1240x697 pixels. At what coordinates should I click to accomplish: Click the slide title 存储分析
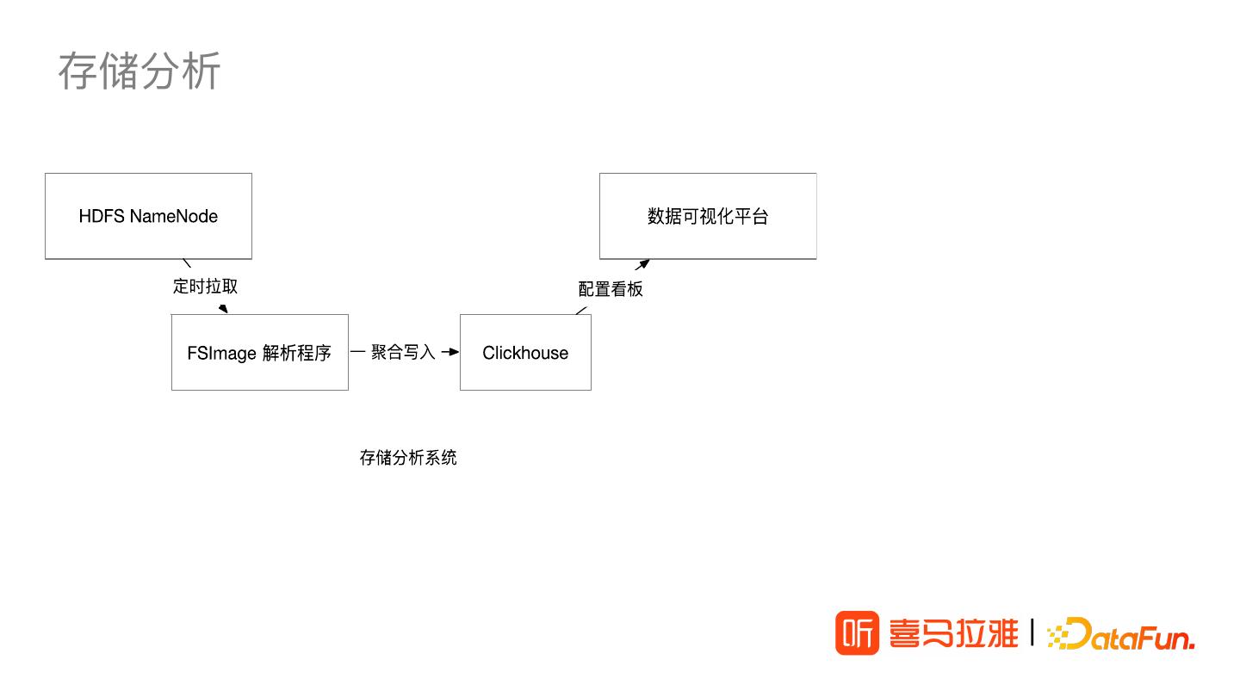pos(139,71)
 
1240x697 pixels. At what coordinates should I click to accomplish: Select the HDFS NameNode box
pos(148,216)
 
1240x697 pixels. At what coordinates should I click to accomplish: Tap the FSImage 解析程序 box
pos(259,353)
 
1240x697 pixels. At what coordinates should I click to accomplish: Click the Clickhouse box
pos(525,353)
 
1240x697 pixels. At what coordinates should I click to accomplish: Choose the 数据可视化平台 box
pos(707,216)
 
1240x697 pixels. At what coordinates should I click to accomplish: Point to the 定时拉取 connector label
pos(205,287)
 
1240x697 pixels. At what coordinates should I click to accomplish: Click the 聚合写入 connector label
pos(403,352)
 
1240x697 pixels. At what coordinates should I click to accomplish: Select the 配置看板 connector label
pos(611,289)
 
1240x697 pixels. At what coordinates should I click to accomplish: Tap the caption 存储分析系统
pos(408,458)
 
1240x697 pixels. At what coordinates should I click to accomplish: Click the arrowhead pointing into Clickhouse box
pos(453,352)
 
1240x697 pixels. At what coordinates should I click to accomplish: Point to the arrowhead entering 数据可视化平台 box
pos(642,264)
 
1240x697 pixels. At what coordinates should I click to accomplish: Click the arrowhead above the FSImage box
pos(223,309)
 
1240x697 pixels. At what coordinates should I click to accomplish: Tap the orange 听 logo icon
pos(857,633)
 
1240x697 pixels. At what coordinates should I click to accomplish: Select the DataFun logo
pos(1120,635)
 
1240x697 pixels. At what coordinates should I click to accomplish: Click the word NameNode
pos(174,216)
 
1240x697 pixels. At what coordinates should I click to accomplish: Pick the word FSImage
pos(221,354)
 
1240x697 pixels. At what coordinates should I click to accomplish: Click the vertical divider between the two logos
pos(1032,632)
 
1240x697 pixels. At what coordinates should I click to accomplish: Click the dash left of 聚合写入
pos(358,352)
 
